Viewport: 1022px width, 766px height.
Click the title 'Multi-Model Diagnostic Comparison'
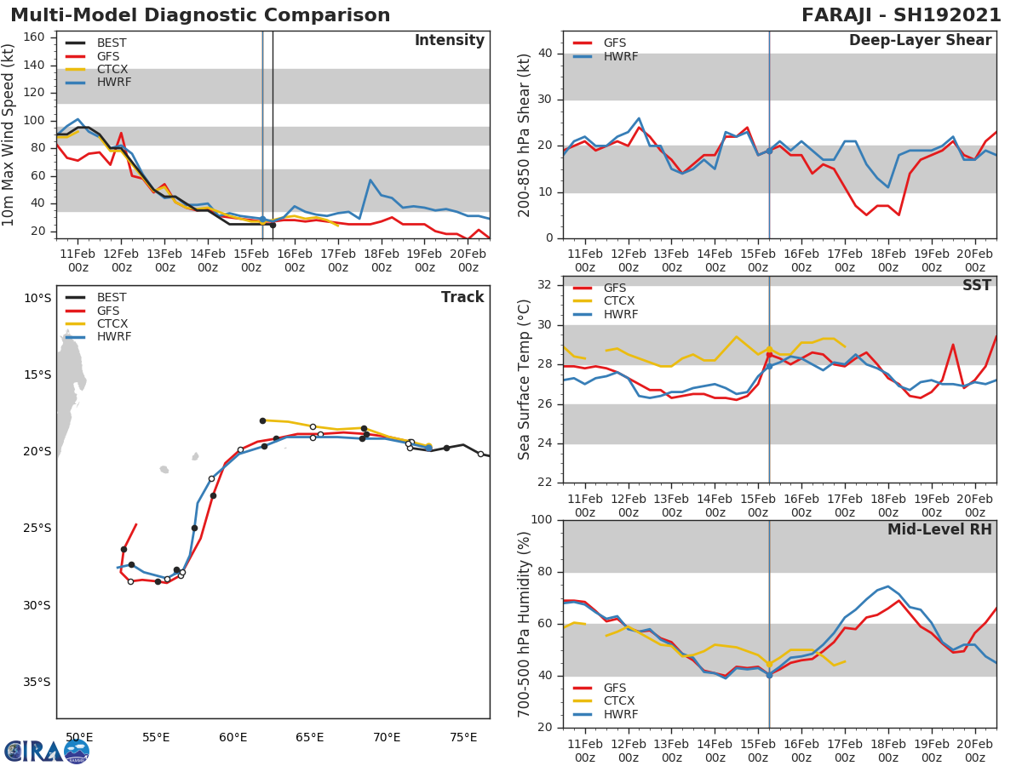(200, 15)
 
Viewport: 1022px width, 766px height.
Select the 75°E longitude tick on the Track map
(463, 737)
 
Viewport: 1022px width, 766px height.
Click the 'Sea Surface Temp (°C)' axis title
(525, 380)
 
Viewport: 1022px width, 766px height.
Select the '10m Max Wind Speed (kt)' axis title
(9, 134)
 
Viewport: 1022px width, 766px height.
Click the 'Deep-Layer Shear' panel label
(920, 41)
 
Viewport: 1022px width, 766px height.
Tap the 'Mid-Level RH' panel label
(939, 529)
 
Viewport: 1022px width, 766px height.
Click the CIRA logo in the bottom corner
(46, 751)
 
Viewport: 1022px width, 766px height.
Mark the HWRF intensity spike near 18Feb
(370, 180)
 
